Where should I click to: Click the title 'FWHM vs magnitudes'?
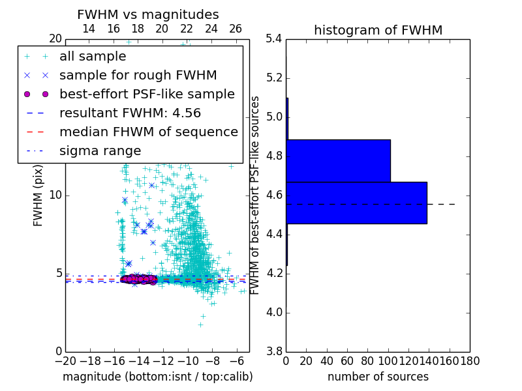(x=147, y=14)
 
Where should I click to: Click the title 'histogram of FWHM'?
(x=378, y=30)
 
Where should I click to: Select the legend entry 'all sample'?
(x=93, y=57)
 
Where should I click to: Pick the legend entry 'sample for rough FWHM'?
(x=138, y=75)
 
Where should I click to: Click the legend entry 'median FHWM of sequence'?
(x=148, y=132)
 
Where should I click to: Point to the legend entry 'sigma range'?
(x=100, y=151)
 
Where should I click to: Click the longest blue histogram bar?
(x=356, y=203)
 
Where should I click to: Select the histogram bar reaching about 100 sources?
(x=338, y=160)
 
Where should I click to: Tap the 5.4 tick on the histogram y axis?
(x=274, y=39)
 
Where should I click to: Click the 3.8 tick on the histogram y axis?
(x=274, y=351)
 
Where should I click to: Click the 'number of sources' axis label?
(x=378, y=377)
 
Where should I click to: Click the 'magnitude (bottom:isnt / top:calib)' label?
(x=157, y=377)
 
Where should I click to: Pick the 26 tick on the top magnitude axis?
(x=236, y=29)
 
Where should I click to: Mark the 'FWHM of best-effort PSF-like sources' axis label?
(x=255, y=195)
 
